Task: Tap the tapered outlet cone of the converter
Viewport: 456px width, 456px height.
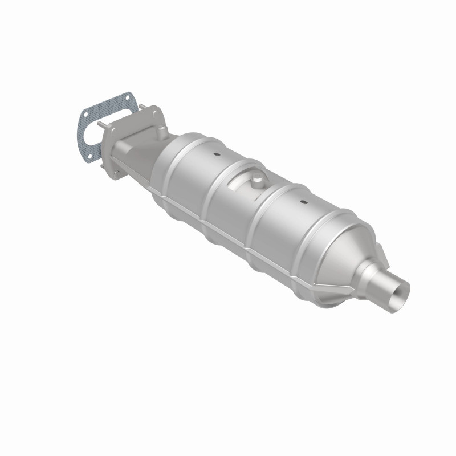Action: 342,251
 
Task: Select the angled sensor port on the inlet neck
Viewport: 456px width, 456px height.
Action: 161,133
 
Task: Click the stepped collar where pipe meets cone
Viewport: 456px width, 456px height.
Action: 370,274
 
